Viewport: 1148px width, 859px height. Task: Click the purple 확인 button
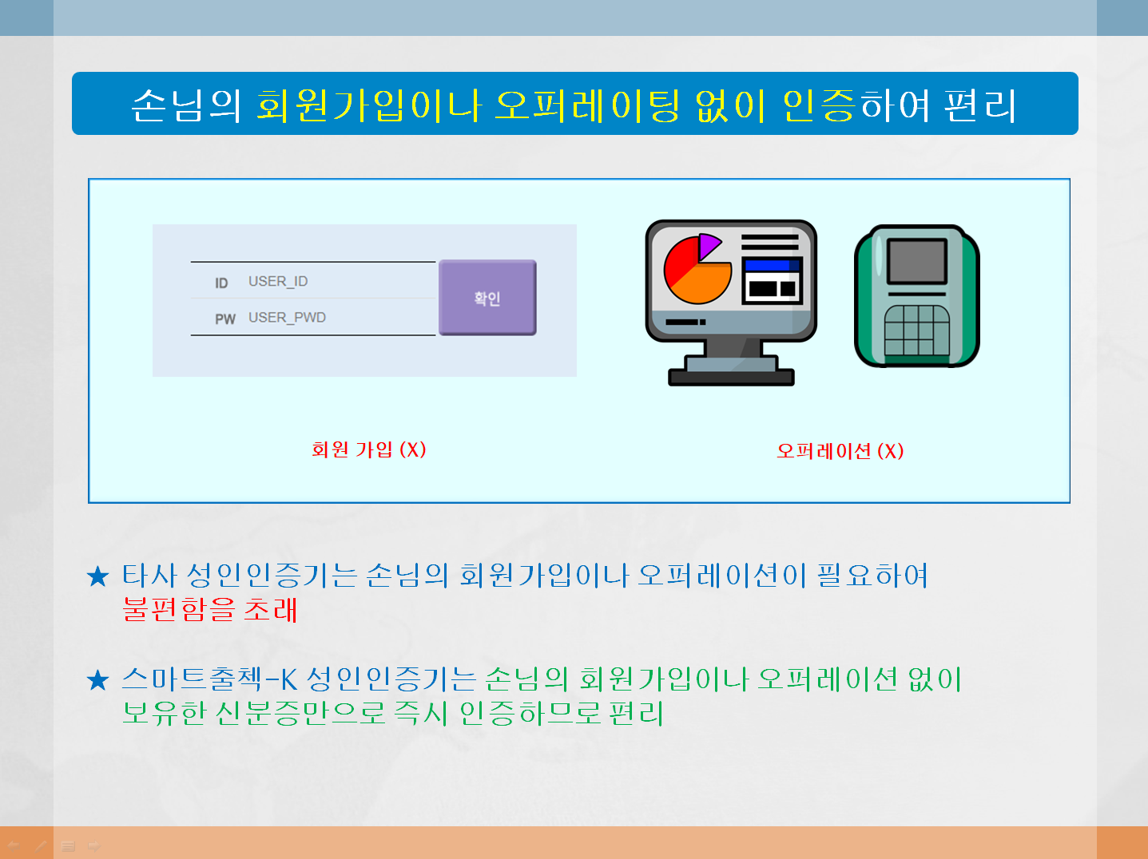pyautogui.click(x=487, y=297)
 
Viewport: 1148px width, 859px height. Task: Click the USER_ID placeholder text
pyautogui.click(x=278, y=282)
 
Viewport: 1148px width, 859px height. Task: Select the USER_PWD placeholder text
pyautogui.click(x=287, y=318)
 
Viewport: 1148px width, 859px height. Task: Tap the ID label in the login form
pyautogui.click(x=221, y=283)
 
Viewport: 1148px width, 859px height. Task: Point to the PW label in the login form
pyautogui.click(x=225, y=319)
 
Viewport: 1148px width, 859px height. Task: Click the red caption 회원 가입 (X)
pyautogui.click(x=369, y=449)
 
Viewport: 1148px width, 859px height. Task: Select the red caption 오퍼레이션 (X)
pyautogui.click(x=840, y=451)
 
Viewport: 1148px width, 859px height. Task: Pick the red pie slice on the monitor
pyautogui.click(x=679, y=261)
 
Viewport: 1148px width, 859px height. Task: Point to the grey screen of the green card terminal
pyautogui.click(x=916, y=261)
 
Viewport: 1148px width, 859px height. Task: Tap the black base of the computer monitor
pyautogui.click(x=731, y=378)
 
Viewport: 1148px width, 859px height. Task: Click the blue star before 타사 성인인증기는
pyautogui.click(x=97, y=576)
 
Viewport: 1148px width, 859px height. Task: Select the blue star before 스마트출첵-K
pyautogui.click(x=97, y=680)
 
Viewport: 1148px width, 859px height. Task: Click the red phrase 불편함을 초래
pyautogui.click(x=210, y=609)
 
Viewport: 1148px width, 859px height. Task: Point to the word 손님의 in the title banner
pyautogui.click(x=186, y=105)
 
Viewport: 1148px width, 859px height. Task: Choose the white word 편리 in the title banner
pyautogui.click(x=981, y=105)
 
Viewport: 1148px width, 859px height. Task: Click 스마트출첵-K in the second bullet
pyautogui.click(x=210, y=679)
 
